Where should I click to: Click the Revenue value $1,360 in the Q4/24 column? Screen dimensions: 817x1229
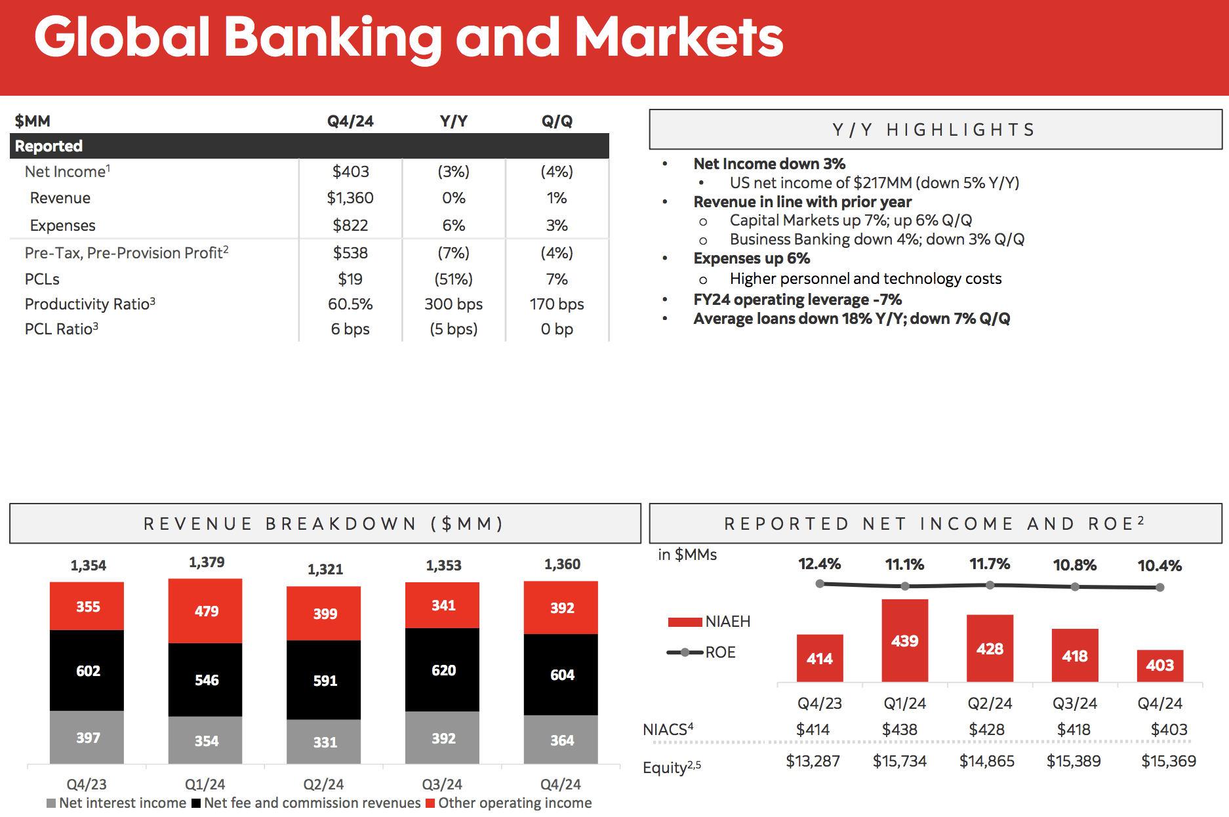tap(350, 198)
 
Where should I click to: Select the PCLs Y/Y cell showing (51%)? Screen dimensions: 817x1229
tap(453, 279)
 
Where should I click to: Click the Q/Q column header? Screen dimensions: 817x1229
tap(557, 121)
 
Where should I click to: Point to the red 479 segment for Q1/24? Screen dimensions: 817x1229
tap(206, 611)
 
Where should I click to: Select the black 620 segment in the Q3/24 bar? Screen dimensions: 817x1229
tap(443, 670)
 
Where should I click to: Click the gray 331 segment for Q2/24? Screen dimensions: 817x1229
tap(325, 742)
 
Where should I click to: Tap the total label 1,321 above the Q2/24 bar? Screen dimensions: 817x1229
tap(325, 569)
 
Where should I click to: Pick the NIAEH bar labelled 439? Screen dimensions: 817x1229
tap(904, 641)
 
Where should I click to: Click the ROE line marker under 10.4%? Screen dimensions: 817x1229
tap(1159, 588)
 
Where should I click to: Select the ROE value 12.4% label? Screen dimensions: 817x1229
tap(819, 564)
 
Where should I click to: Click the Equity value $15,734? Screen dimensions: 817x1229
tap(899, 761)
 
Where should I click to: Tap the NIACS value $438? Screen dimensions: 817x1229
tap(899, 730)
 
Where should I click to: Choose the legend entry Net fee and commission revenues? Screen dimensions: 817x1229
tap(312, 803)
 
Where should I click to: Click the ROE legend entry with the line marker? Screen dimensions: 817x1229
tap(701, 652)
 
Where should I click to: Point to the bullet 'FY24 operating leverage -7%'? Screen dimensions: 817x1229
tap(797, 300)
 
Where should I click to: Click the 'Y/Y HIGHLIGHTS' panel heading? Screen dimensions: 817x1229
tap(935, 130)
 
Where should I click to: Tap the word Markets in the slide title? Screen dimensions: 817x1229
tap(679, 37)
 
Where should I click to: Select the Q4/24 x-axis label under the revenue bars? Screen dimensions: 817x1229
tap(560, 784)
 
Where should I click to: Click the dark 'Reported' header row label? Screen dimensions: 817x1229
tap(49, 146)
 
